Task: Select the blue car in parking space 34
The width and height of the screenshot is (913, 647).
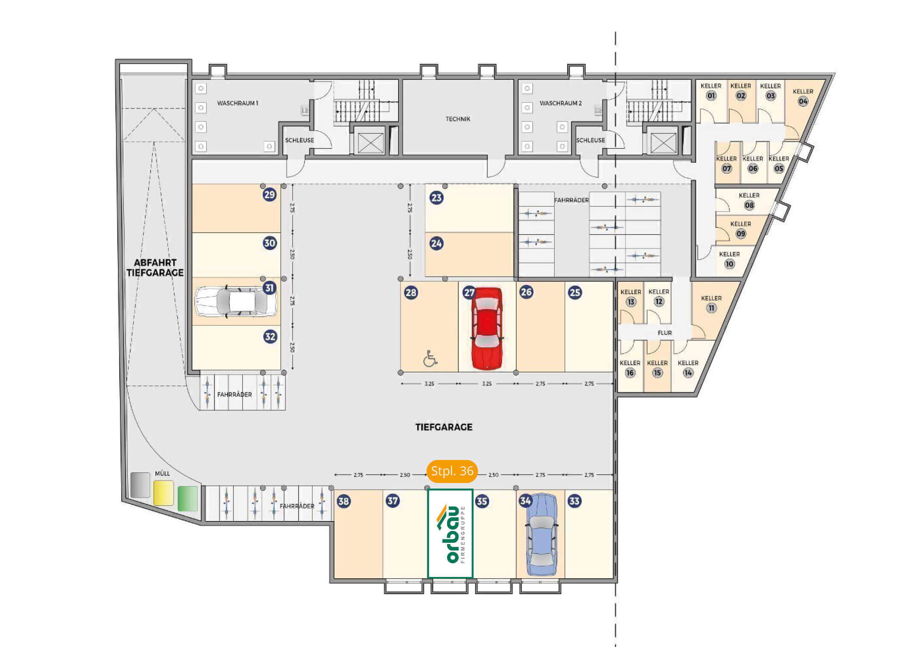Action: coord(542,535)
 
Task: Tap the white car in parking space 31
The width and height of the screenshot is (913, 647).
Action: coord(236,302)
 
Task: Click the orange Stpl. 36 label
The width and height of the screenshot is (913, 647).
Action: coord(452,471)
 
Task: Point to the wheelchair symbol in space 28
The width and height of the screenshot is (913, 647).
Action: coord(430,359)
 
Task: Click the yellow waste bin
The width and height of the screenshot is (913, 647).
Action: coord(164,493)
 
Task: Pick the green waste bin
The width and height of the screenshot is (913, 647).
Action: coord(187,498)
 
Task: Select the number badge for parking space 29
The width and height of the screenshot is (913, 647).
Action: coord(269,195)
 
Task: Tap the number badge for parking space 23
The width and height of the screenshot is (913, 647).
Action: coord(436,198)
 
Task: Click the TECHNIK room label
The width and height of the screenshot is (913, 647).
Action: coord(458,119)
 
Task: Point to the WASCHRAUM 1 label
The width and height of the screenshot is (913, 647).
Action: coord(237,103)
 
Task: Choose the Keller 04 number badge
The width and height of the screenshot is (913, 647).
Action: coord(803,102)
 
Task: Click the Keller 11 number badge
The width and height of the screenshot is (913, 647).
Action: coord(711,308)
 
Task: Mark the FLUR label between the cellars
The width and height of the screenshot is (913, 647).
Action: coord(664,333)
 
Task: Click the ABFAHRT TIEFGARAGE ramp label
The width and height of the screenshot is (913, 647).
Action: coord(155,268)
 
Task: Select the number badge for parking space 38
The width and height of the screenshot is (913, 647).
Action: coord(344,501)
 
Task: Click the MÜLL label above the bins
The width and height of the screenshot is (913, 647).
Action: coord(162,473)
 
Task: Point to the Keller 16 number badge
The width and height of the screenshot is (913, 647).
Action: coord(630,373)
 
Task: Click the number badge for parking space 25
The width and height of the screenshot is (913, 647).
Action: coord(575,293)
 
